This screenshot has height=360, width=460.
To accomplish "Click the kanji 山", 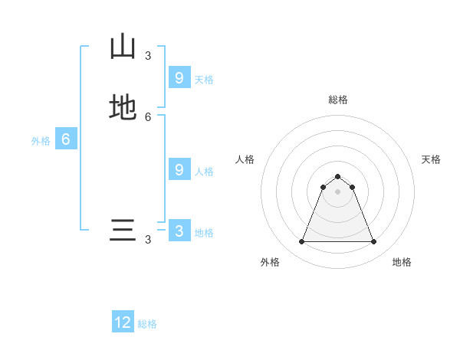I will pos(123,47).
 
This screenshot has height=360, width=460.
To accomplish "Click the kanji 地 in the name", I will pos(123,108).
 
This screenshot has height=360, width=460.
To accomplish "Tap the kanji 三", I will pos(123,230).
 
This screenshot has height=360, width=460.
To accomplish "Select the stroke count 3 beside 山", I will pos(148,55).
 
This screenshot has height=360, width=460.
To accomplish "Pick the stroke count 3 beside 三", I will pos(148,239).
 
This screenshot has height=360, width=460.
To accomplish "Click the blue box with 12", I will pos(123,322).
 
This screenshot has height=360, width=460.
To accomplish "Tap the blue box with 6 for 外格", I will pos(66,139).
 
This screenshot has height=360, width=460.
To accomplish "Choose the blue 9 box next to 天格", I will pos(179,77).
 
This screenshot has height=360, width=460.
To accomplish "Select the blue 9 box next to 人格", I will pos(179,170).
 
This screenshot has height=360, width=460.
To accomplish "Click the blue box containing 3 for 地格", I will pos(179,231).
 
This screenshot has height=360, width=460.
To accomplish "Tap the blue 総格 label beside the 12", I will pos(147,324).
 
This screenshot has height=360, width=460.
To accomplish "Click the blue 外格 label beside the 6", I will pos(41,141).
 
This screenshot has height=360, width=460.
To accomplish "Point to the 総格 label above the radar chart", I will pos(338,100).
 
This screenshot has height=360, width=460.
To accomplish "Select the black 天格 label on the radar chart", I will pos(431,159).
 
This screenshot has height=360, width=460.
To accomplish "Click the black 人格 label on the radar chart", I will pos(245,159).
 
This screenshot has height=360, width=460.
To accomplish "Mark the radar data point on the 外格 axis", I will pos(301,242).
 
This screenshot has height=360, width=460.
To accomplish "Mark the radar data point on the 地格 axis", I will pos(374,242).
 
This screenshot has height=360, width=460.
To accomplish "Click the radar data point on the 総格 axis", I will pos(338,175).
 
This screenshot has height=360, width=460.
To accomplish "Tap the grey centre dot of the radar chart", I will pos(338,191).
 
